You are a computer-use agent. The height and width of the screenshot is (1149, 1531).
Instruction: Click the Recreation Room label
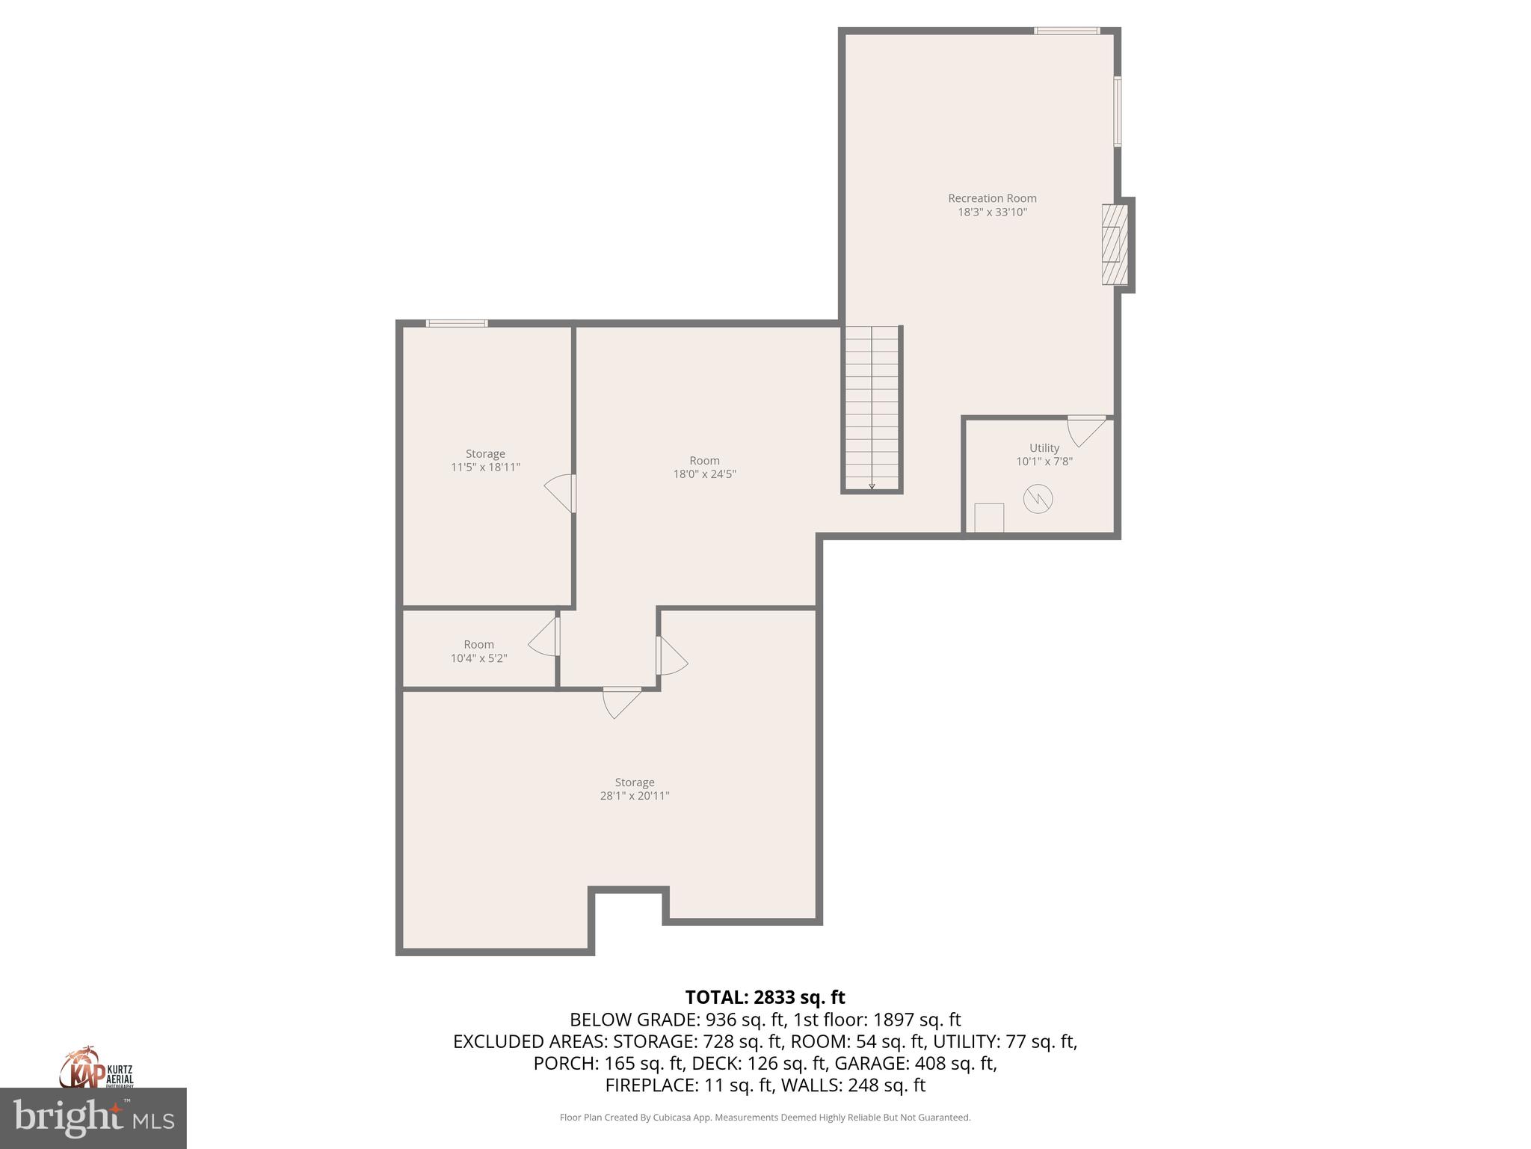click(x=992, y=198)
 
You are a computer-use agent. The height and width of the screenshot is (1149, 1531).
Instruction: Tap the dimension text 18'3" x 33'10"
click(x=992, y=212)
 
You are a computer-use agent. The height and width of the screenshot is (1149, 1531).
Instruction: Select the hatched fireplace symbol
click(x=1113, y=245)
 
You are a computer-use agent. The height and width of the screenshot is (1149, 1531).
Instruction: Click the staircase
click(x=872, y=408)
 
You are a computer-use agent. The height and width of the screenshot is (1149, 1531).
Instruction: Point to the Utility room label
click(x=1044, y=448)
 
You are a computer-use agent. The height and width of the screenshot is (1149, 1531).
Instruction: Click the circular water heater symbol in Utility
click(x=1038, y=499)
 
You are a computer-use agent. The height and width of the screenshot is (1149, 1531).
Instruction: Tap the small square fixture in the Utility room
click(x=989, y=518)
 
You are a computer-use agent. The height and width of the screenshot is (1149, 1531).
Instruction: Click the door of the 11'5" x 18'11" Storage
click(x=561, y=493)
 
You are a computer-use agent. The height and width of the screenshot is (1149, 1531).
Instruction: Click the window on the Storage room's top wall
click(x=457, y=323)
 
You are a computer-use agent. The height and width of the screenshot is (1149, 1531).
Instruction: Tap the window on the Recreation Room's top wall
click(x=1067, y=31)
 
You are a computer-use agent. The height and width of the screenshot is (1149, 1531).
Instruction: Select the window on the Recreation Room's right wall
click(x=1118, y=111)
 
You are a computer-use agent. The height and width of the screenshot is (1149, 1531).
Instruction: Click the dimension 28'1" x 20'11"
click(x=634, y=796)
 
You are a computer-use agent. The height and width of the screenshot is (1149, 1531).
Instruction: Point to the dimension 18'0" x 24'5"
click(x=704, y=474)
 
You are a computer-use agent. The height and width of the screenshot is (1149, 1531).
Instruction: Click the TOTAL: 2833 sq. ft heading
click(x=765, y=997)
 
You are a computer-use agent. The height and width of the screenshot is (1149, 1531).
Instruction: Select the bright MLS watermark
click(x=93, y=1118)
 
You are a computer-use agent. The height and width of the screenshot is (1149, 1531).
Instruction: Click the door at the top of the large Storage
click(x=621, y=701)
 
